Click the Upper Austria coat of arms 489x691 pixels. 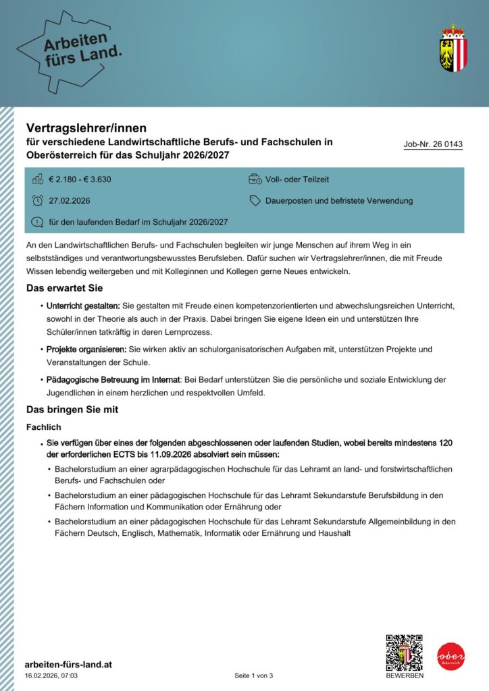pyautogui.click(x=453, y=48)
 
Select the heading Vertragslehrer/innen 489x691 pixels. pyautogui.click(x=86, y=127)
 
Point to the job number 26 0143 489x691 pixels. pyautogui.click(x=433, y=144)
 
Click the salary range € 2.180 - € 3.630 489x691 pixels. pyautogui.click(x=80, y=179)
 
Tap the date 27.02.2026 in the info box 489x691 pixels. pyautogui.click(x=70, y=200)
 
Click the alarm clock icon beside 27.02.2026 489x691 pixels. pyautogui.click(x=37, y=200)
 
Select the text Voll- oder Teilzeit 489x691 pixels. pyautogui.click(x=297, y=179)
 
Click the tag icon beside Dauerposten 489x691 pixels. pyautogui.click(x=255, y=200)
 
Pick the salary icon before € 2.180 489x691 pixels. pyautogui.click(x=37, y=179)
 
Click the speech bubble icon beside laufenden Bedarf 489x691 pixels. pyautogui.click(x=37, y=222)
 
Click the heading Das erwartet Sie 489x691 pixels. pyautogui.click(x=64, y=288)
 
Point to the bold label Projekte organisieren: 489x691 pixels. pyautogui.click(x=86, y=349)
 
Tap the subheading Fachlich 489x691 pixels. pyautogui.click(x=44, y=427)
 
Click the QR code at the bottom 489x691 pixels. pyautogui.click(x=404, y=652)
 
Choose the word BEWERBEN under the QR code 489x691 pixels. pyautogui.click(x=405, y=675)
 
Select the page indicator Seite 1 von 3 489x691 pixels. pyautogui.click(x=254, y=675)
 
